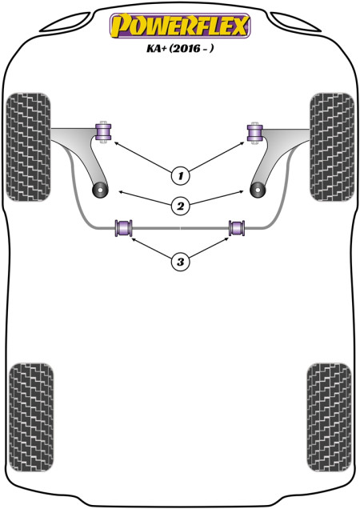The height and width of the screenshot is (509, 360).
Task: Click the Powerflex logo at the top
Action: coord(180,26)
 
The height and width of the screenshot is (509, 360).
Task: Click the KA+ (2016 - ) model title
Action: coord(180,48)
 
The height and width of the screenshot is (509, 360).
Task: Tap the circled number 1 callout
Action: coord(181,176)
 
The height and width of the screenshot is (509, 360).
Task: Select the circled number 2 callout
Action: coord(181,206)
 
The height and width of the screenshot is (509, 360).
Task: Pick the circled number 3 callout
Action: coord(181,261)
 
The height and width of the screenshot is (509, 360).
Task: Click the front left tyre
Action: coord(29,147)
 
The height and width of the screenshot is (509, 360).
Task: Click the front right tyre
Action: coord(332,147)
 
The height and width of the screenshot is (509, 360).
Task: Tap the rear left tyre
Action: coord(31,418)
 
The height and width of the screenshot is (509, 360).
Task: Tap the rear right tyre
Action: coord(329,418)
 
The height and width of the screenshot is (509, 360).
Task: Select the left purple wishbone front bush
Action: coord(103,132)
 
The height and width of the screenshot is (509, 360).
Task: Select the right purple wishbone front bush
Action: coord(255,133)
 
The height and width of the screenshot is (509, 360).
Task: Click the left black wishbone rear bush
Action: coord(100,190)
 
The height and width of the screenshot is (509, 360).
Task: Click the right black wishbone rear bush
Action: coord(258,190)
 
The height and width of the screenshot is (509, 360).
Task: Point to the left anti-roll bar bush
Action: coord(124,228)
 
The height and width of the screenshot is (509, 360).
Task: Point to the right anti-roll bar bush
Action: coord(237,228)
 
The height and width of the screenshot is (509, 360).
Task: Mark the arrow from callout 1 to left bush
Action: coord(143,157)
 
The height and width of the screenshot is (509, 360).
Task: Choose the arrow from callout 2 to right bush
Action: coord(216,197)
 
